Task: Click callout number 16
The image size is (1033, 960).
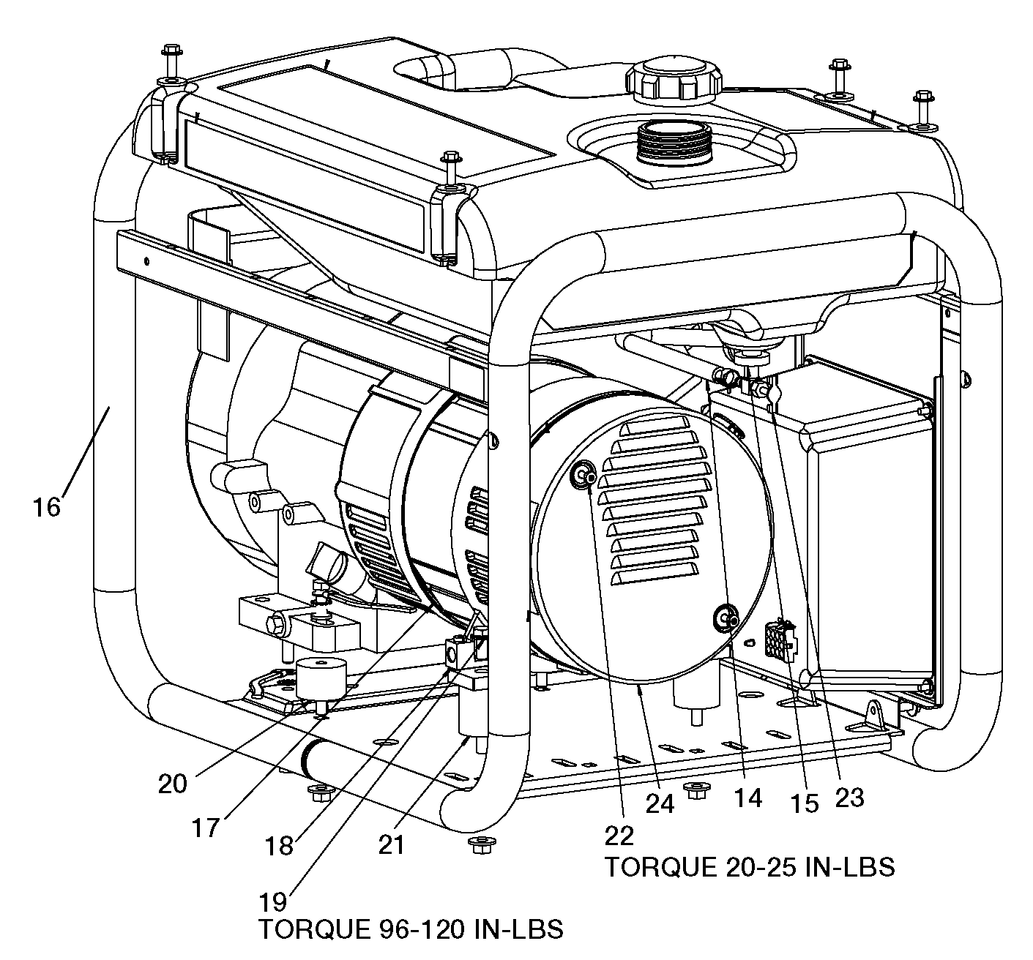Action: (x=46, y=506)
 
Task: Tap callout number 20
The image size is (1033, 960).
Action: (x=173, y=784)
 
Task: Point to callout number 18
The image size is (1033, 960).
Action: (x=280, y=845)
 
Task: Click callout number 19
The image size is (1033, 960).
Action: (x=274, y=899)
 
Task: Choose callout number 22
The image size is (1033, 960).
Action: (x=619, y=835)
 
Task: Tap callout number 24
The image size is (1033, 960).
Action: (x=660, y=803)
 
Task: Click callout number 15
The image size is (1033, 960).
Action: (x=803, y=803)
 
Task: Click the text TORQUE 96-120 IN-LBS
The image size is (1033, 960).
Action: (x=411, y=929)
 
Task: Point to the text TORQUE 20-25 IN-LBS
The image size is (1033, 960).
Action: (x=749, y=867)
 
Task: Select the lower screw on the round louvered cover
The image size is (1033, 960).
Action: (x=725, y=618)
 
